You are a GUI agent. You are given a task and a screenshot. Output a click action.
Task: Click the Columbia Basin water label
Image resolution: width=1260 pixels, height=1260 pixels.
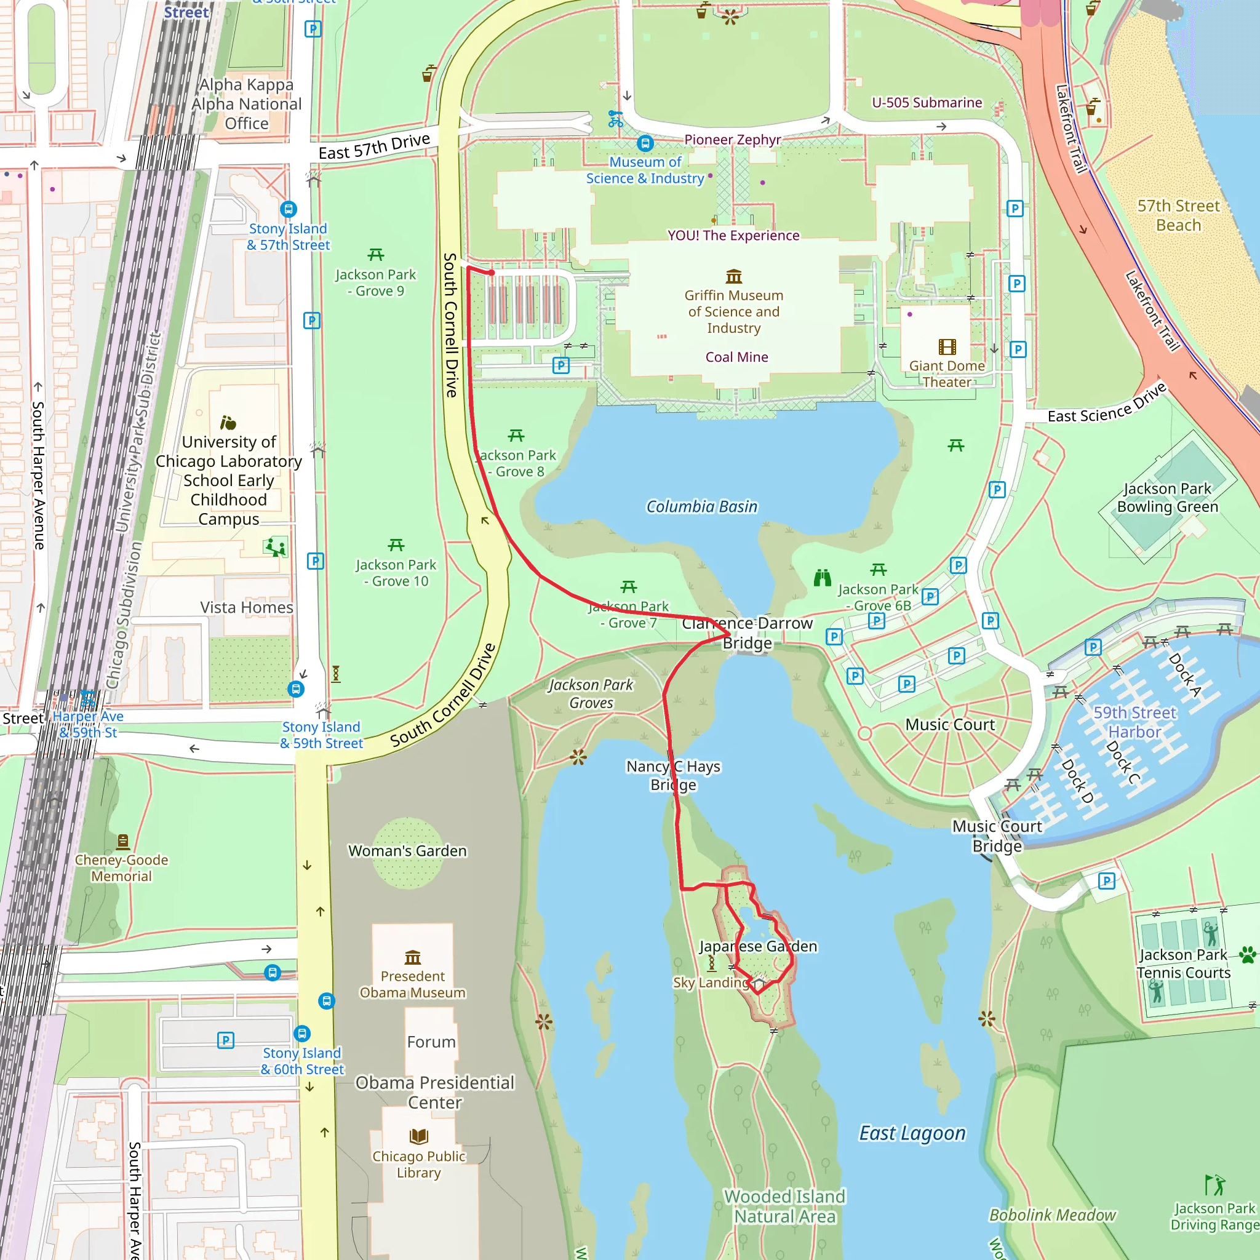tap(702, 507)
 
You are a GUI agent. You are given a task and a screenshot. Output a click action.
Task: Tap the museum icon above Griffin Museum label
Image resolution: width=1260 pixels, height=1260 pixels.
tap(734, 276)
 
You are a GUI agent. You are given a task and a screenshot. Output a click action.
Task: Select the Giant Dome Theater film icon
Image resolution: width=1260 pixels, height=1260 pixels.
tap(947, 347)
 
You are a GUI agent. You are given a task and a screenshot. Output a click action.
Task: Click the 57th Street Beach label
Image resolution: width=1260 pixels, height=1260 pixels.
tap(1178, 216)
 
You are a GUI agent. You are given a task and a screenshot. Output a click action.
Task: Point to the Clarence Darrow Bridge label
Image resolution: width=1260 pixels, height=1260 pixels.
tap(748, 632)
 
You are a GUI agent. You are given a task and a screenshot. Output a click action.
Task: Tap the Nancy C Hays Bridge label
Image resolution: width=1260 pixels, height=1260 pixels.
tap(673, 775)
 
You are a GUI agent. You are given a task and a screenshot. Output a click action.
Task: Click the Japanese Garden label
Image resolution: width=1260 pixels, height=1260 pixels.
tap(758, 946)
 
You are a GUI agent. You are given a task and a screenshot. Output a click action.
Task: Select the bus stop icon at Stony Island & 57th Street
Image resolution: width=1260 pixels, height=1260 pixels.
tap(289, 209)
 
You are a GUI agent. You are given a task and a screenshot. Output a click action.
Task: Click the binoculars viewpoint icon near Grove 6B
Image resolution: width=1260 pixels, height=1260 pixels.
tap(823, 578)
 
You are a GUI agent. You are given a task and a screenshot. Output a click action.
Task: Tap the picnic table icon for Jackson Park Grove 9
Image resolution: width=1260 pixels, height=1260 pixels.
tap(376, 255)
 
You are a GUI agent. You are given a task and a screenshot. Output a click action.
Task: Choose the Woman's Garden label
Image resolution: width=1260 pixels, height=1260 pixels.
tap(408, 851)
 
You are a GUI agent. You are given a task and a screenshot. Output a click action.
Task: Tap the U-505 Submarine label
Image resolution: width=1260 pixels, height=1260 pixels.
tap(927, 103)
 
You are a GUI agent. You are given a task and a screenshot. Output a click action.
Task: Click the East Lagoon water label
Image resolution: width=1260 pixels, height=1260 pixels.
tap(912, 1133)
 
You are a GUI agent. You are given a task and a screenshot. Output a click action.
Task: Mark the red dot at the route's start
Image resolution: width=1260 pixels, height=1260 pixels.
tap(492, 273)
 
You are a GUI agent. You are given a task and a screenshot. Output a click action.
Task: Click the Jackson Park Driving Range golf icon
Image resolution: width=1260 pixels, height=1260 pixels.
tap(1214, 1184)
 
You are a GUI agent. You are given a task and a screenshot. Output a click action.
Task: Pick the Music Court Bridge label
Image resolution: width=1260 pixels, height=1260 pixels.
tap(997, 836)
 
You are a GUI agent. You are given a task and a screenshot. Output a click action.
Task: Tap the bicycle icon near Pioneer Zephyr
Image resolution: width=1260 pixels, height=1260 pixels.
tap(615, 119)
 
